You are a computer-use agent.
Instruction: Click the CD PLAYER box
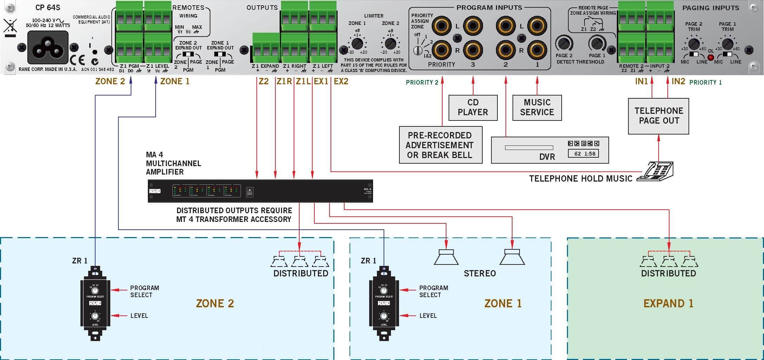point(473,107)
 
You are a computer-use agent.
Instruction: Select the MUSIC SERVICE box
point(537,107)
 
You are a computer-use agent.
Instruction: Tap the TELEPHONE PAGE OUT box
point(658,116)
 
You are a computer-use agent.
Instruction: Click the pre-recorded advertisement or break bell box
point(440,145)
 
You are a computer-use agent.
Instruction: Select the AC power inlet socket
point(48,47)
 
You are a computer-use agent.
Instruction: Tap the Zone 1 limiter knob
point(357,44)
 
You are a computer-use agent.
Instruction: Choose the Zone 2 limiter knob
point(390,44)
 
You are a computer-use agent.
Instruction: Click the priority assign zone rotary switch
point(418,51)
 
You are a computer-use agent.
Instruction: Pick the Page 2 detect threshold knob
point(563,44)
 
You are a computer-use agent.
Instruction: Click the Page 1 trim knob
point(727,44)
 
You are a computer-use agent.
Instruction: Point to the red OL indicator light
point(711,57)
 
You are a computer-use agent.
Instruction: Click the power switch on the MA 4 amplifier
point(250,192)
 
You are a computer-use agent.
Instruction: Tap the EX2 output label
point(341,81)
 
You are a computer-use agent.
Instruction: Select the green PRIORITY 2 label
point(422,83)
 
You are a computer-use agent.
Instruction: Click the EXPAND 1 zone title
point(668,303)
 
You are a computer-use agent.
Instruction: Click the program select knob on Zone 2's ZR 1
point(95,290)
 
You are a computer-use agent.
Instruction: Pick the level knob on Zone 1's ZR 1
point(384,316)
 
